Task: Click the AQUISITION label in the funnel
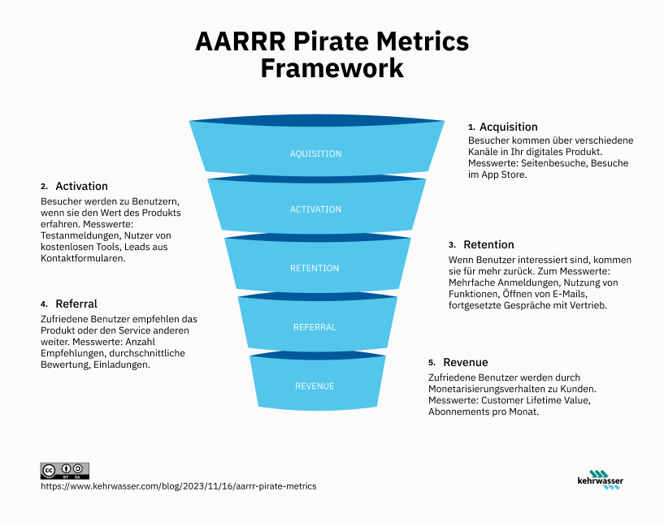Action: pyautogui.click(x=315, y=154)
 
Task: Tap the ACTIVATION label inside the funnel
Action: pyautogui.click(x=315, y=209)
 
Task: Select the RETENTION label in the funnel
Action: pyautogui.click(x=315, y=269)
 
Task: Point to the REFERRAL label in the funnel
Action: pyautogui.click(x=315, y=327)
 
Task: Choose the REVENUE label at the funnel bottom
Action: pyautogui.click(x=315, y=386)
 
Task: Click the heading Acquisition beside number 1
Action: pyautogui.click(x=509, y=127)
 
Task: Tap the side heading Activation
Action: pyautogui.click(x=81, y=186)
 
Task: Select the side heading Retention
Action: pyautogui.click(x=488, y=244)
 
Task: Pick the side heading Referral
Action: pyautogui.click(x=76, y=304)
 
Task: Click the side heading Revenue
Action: pyautogui.click(x=466, y=362)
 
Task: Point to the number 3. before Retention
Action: pyautogui.click(x=452, y=245)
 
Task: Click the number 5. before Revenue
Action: pyautogui.click(x=432, y=363)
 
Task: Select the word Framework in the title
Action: pyautogui.click(x=332, y=68)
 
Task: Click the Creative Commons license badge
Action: pyautogui.click(x=64, y=470)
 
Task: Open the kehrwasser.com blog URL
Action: pyautogui.click(x=178, y=485)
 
